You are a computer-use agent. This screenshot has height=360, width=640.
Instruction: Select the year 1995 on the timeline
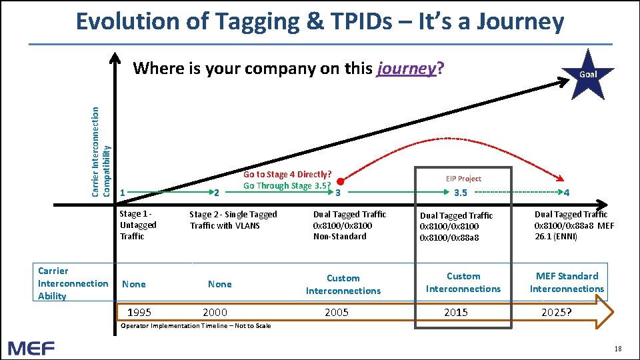click(x=139, y=312)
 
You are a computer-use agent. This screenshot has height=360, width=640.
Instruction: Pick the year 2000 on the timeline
click(x=215, y=312)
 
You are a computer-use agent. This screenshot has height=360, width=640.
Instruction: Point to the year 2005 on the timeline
click(x=336, y=312)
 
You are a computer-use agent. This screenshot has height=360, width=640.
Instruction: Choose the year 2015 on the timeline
click(x=456, y=312)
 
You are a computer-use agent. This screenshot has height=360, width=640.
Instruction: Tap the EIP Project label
click(x=463, y=179)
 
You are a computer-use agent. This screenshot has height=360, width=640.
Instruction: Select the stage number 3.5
click(x=461, y=193)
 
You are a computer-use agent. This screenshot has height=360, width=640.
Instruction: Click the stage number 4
click(x=566, y=193)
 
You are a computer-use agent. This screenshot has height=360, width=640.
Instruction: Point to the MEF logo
click(x=31, y=347)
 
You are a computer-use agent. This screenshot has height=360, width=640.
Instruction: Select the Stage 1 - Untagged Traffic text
click(x=138, y=225)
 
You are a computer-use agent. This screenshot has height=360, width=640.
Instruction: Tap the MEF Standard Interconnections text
click(x=567, y=282)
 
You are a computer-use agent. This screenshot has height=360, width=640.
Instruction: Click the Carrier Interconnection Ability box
click(x=73, y=283)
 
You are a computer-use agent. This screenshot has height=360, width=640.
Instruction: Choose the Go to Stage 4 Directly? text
click(x=287, y=175)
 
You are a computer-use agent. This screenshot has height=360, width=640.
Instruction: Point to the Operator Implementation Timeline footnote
click(x=195, y=326)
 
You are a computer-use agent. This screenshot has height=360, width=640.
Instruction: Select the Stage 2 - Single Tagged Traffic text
click(x=233, y=219)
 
